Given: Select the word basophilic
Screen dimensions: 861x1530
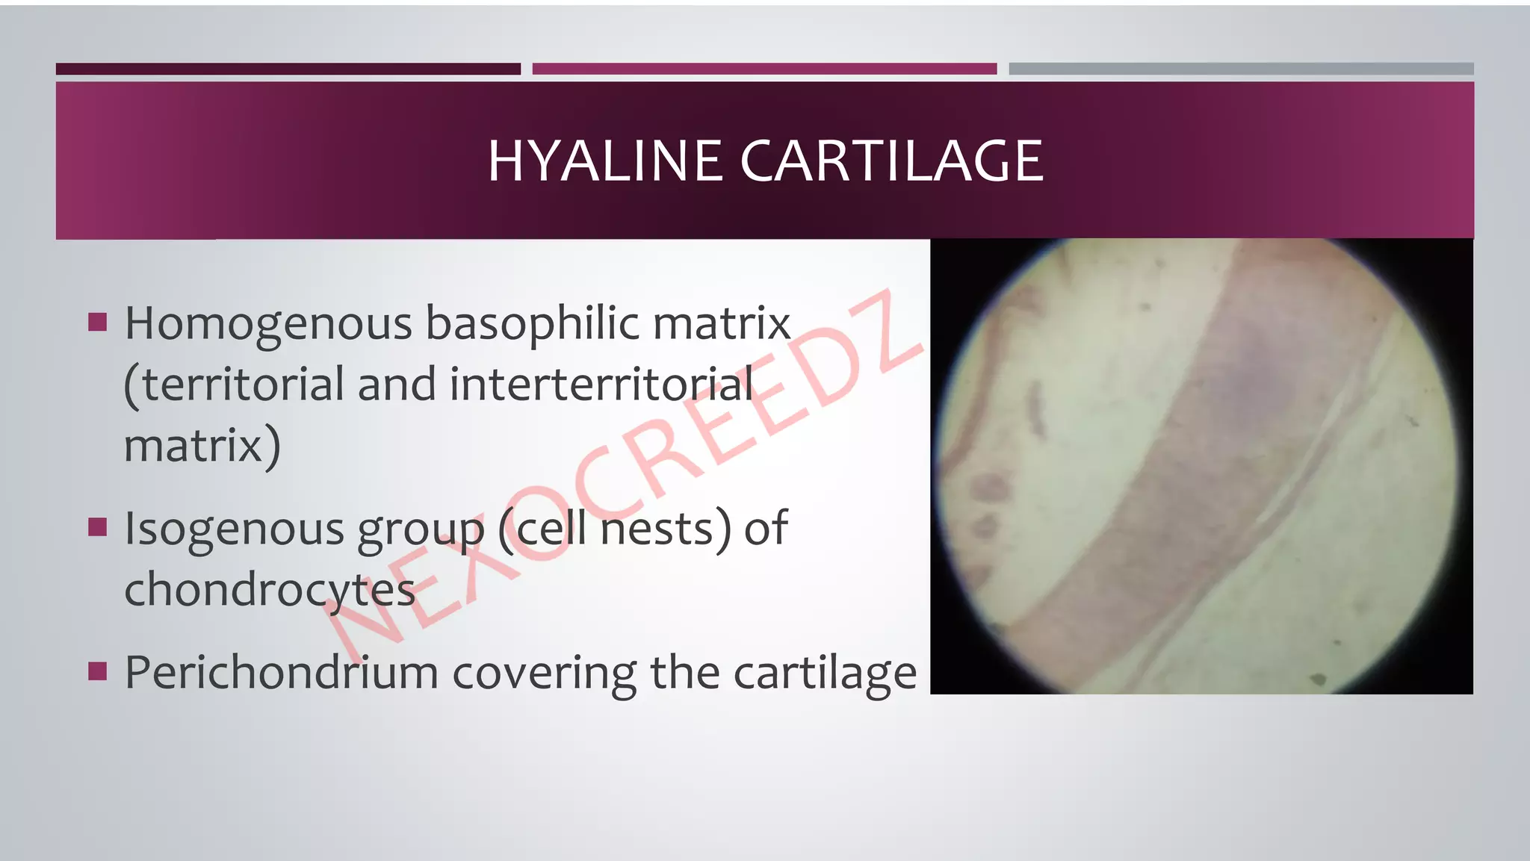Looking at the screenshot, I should pos(532,324).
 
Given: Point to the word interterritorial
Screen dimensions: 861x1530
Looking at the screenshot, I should pos(601,385).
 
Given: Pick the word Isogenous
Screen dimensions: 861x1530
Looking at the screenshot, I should pos(234,529).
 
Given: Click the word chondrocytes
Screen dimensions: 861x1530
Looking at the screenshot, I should pos(269,590).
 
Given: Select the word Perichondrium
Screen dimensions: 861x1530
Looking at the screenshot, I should pos(281,672).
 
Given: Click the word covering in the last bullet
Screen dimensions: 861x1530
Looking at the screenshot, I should pos(544,672).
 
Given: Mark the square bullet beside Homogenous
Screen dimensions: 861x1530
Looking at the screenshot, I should pos(98,322).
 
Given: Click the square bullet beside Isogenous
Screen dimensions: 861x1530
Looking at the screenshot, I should pos(98,527).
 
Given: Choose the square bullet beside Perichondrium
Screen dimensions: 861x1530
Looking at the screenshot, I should pos(98,671).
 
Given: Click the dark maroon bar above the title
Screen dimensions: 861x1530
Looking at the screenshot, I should pos(288,69).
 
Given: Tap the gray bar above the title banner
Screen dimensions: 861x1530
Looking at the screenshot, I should pos(1241,69).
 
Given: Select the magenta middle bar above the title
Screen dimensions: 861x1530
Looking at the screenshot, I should pos(764,69).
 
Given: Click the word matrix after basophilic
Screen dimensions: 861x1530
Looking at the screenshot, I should pos(722,324).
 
